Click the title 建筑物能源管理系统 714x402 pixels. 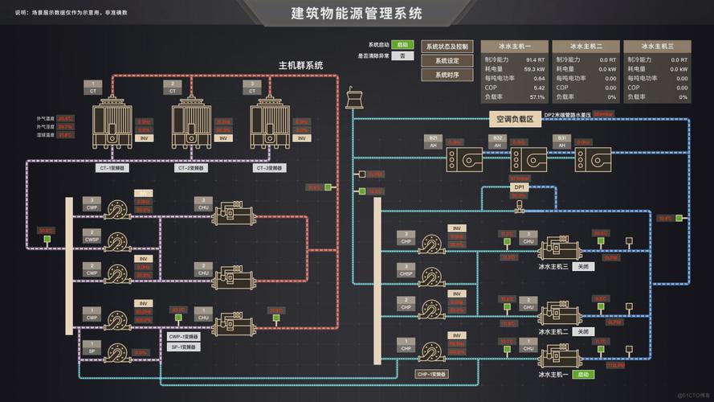[x=356, y=14]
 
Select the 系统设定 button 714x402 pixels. [x=447, y=60]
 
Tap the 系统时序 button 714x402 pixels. [x=447, y=74]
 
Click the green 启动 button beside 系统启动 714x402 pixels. [x=402, y=45]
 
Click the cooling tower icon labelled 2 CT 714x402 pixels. [x=191, y=121]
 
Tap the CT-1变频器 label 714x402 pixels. [x=112, y=168]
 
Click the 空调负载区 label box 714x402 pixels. [x=514, y=120]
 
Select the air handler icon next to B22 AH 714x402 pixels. [x=529, y=158]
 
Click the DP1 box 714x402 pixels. [x=518, y=187]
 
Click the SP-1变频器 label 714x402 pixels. [x=184, y=347]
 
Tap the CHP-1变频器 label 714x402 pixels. [x=431, y=375]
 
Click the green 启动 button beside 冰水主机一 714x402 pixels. [x=584, y=374]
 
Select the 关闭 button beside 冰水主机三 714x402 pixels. [x=584, y=266]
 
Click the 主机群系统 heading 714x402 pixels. [x=300, y=66]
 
